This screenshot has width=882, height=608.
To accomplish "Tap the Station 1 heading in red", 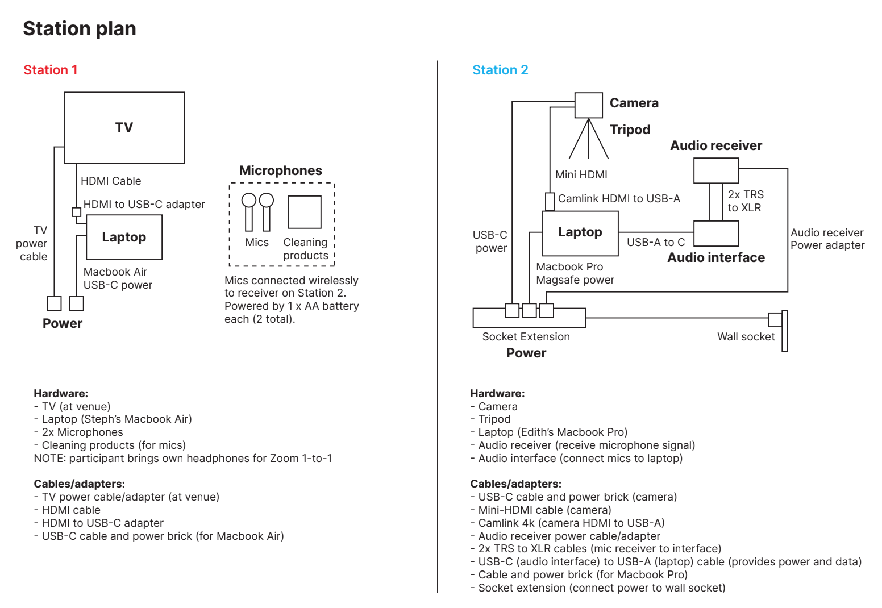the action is point(51,70).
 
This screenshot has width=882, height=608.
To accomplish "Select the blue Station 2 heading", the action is point(500,70).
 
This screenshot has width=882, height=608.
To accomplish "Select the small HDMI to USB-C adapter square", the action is point(76,212).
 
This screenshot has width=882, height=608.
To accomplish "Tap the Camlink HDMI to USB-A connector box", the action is point(550,202).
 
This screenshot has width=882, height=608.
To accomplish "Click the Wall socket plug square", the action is point(775,319).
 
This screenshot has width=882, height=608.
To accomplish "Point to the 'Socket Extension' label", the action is point(526,337).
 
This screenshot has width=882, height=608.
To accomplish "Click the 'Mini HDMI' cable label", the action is point(581,175).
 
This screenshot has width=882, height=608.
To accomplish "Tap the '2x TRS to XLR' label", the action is point(746,201).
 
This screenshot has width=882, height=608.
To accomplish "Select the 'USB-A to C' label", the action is point(656,242).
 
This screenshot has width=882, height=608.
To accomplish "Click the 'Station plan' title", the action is point(80,29).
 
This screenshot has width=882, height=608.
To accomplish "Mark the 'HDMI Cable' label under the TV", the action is point(111,181).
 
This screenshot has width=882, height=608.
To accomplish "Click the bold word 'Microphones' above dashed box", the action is point(281,170).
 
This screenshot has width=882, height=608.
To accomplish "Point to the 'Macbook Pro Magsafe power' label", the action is point(575,273).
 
